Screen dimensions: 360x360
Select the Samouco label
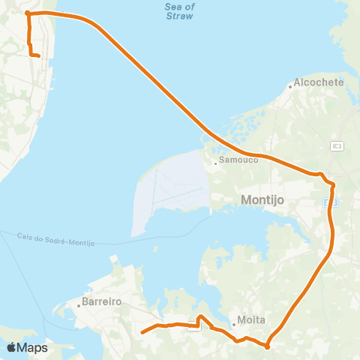click(x=238, y=160)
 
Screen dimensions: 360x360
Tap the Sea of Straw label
click(x=179, y=10)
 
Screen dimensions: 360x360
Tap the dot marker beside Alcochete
click(x=291, y=87)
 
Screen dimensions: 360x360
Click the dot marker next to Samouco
click(x=216, y=162)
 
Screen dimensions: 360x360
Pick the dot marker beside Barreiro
click(x=78, y=305)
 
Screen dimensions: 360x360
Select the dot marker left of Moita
click(x=233, y=324)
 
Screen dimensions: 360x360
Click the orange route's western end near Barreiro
click(x=142, y=331)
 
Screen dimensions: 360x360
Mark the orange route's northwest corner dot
click(x=27, y=13)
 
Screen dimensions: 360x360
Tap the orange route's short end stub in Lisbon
click(x=38, y=55)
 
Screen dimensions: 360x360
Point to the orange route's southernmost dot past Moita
click(x=267, y=346)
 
